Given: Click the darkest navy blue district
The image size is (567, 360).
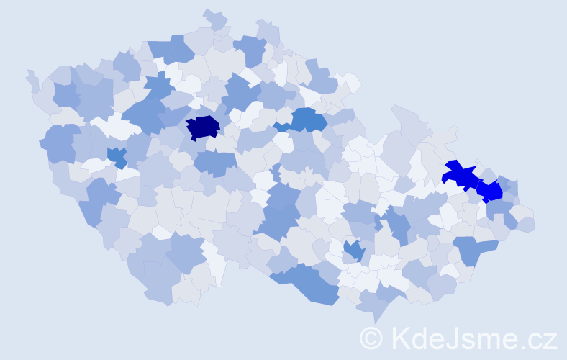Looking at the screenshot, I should point(203,127).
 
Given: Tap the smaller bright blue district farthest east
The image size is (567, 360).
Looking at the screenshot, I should point(491,192).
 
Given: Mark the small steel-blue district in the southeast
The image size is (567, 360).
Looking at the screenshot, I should point(353,250).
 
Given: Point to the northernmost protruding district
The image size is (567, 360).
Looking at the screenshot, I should point(214,17).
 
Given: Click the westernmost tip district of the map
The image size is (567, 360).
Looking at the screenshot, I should point(31,78).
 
